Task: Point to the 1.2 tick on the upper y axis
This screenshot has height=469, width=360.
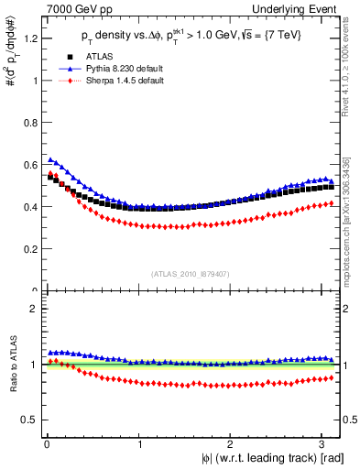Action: pos(30,38)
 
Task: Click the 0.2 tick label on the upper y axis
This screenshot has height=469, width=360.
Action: pos(30,248)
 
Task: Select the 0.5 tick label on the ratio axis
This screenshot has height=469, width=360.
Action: pos(30,420)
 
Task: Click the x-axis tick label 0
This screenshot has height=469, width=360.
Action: pos(46,444)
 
